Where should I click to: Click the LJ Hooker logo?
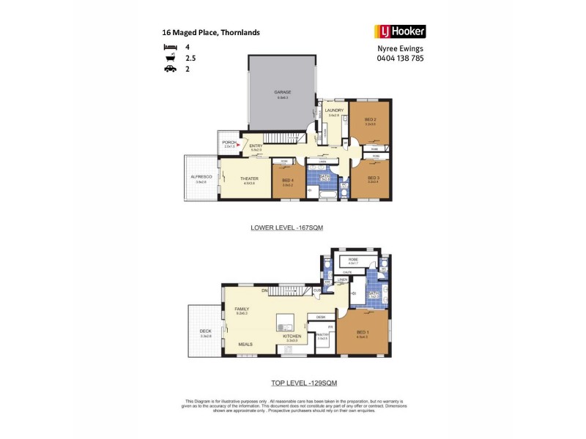[399, 31]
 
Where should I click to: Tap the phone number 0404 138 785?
[399, 59]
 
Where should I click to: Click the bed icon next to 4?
[168, 46]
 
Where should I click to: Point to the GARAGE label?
[283, 92]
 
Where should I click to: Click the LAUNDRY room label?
[334, 110]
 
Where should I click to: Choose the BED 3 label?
[373, 178]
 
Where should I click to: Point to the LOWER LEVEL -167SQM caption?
[286, 228]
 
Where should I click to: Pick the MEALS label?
[245, 343]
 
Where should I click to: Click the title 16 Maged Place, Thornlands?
[210, 32]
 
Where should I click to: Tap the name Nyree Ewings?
[399, 49]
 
